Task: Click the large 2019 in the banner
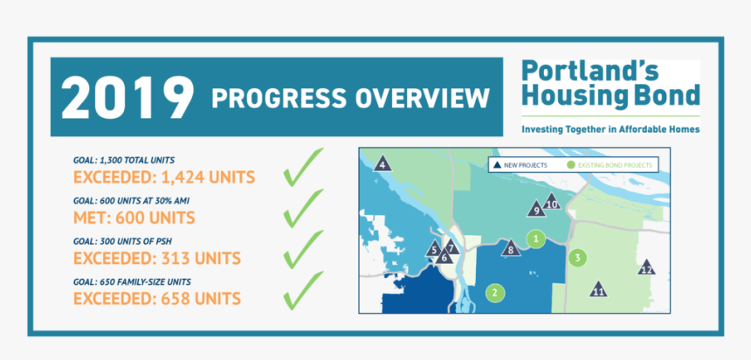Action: [127, 97]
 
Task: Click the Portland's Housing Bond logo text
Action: [610, 84]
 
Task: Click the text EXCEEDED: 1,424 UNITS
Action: [164, 177]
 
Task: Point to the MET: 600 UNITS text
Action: [134, 218]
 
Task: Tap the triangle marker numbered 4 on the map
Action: [382, 163]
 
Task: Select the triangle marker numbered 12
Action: [646, 268]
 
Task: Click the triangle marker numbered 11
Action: [598, 290]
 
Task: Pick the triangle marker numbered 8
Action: [511, 250]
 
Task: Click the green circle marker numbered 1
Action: [538, 237]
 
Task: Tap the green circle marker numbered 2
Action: [495, 293]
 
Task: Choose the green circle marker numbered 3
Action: [577, 258]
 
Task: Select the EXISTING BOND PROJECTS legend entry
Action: [610, 164]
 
